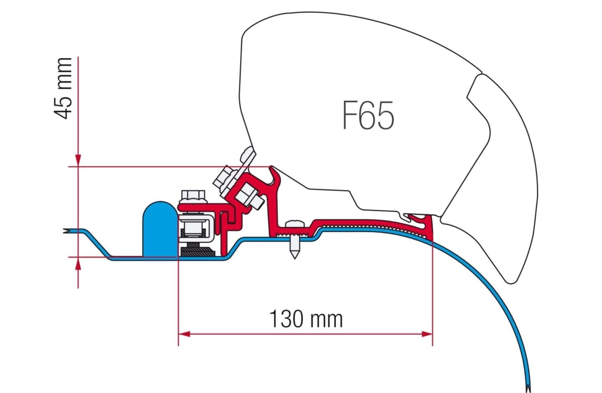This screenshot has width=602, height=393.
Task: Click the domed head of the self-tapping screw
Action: [x=295, y=224]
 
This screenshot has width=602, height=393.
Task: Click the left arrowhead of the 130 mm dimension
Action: [x=184, y=334]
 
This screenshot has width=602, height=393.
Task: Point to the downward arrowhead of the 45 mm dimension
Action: [x=78, y=161]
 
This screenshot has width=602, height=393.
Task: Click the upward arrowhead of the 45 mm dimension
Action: [x=78, y=263]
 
